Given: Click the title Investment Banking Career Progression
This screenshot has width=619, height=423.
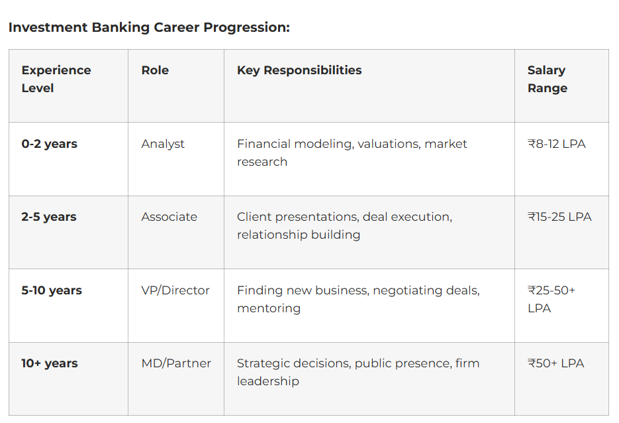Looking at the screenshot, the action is tap(149, 28).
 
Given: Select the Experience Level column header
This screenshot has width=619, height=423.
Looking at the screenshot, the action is tap(56, 79).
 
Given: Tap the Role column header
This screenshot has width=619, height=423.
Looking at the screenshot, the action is tap(155, 70).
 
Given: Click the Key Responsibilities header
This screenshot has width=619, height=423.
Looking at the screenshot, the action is tap(299, 70).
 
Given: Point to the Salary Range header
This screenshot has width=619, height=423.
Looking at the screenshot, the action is tap(548, 79).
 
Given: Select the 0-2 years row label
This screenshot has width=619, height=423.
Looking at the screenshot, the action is tap(50, 144).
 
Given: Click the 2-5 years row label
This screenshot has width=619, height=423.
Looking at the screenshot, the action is tap(49, 217).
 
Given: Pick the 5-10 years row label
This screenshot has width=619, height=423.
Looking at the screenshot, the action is tap(52, 290).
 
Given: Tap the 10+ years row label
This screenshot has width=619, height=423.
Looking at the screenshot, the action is tap(50, 363).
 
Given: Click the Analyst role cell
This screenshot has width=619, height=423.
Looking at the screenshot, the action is tap(163, 145).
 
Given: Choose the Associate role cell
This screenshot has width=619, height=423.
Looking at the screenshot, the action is tap(169, 217).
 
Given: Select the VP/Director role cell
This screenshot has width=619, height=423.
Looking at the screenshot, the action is tap(175, 290).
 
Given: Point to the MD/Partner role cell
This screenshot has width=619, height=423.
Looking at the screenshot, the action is tap(176, 363).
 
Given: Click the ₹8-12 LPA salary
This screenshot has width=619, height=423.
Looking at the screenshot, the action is tap(557, 144).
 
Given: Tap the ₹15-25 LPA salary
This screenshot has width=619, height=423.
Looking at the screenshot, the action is tap(559, 217).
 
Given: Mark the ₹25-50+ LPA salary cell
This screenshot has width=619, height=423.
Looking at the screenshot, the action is tap(551, 299).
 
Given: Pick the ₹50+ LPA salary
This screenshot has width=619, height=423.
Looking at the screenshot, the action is tap(556, 363).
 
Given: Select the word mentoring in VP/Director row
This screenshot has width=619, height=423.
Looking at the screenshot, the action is tap(269, 309).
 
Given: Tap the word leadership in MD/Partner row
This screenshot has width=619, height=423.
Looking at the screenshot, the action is tap(268, 381).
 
